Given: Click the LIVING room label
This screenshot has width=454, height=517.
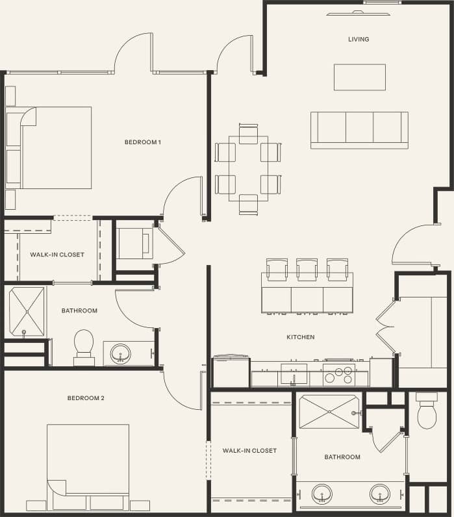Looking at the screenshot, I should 358,39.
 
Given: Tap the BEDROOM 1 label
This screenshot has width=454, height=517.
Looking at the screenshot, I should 142,142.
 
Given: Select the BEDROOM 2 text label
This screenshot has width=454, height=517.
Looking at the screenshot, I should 86,398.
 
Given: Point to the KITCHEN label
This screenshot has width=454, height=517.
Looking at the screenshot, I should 301,337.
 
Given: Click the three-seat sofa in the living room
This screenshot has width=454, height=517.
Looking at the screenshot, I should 359,129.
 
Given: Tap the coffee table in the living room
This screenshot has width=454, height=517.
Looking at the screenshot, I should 359,77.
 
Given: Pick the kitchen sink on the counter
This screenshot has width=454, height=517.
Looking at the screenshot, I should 294,373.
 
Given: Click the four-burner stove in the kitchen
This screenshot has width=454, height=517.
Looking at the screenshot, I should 338,375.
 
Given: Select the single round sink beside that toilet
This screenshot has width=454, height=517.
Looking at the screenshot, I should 120,354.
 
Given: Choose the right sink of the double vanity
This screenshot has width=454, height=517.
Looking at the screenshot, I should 379,494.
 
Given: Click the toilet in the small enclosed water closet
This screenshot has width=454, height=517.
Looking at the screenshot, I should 427,414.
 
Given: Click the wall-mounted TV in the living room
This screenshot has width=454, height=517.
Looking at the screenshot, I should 356,12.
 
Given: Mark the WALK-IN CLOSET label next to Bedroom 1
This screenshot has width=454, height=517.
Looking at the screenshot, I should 57,255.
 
